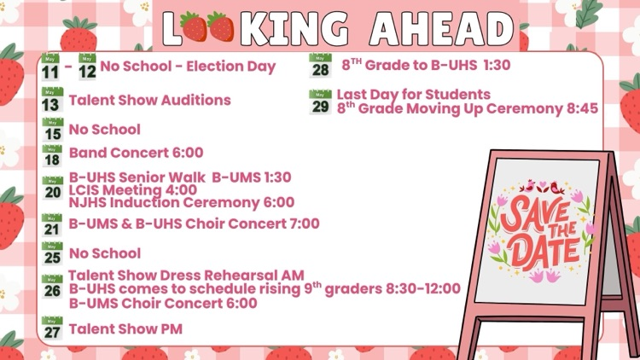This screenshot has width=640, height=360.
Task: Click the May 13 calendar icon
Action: pos(52,100)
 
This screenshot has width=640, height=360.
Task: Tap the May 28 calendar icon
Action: pos(320,66)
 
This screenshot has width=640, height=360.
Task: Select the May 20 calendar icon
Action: pos(53,189)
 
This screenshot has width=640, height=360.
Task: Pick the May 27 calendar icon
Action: pos(52,328)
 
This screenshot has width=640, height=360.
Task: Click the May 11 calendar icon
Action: pos(50,67)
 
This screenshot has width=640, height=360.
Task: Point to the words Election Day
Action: pos(231,67)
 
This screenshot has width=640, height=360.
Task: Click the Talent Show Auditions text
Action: pos(150,100)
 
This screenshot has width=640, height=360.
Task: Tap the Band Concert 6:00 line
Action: pos(137,153)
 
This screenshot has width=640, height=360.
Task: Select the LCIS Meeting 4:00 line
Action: pos(133,189)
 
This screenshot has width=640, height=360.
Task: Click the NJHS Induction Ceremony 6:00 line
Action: pos(182,202)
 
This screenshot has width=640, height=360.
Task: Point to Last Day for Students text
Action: pos(414,95)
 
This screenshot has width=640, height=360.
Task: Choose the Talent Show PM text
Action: pos(125,329)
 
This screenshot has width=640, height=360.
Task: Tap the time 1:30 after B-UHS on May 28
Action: pos(497,65)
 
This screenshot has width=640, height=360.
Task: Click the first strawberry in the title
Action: pos(194,27)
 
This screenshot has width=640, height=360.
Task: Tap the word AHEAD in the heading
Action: pos(442,28)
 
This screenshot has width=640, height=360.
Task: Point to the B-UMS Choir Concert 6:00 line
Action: pos(163,303)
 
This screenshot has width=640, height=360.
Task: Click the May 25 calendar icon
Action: pos(52,253)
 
